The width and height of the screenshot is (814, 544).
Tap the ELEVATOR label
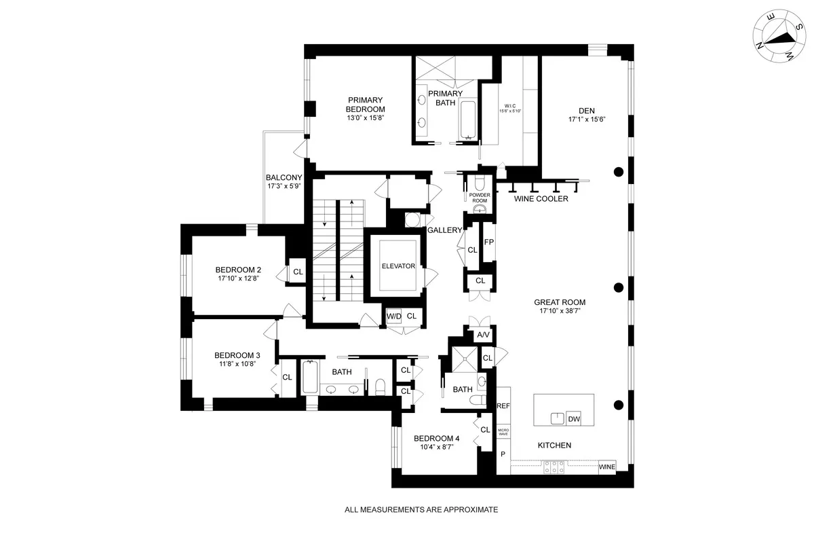[x=398, y=266]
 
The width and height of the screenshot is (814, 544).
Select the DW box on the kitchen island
[x=574, y=419]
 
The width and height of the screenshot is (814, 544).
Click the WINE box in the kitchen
[x=607, y=467]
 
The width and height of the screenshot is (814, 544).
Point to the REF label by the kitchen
[x=503, y=406]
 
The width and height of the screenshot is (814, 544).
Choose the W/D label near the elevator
[x=393, y=316]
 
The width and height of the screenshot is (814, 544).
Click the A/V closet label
[x=483, y=335]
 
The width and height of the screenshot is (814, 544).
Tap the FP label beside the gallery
[x=488, y=242]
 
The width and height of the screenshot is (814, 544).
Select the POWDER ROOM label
[x=480, y=198]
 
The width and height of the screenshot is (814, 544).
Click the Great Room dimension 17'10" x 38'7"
[x=559, y=311]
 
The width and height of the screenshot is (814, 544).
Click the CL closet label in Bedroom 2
[x=297, y=272]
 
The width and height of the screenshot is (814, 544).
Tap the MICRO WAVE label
[x=503, y=432]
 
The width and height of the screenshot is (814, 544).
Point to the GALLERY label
[x=444, y=231]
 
